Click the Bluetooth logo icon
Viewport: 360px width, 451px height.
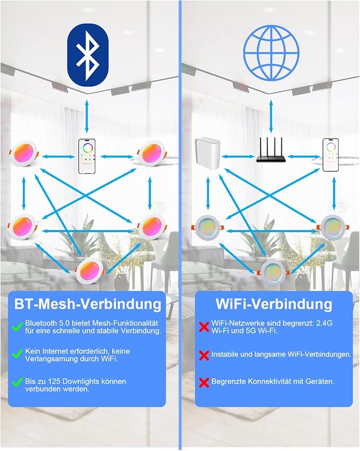[x=88, y=54]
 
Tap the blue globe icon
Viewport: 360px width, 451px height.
[x=271, y=52]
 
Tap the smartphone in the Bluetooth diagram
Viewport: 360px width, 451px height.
[x=87, y=156]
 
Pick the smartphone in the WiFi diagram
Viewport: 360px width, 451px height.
[x=330, y=154]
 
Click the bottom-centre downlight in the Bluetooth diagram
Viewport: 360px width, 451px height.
[x=90, y=271]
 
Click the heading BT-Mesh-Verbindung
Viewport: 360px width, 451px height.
[x=87, y=304]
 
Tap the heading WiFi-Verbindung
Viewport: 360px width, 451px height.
[x=274, y=304]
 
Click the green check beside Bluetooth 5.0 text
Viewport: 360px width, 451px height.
[x=17, y=327]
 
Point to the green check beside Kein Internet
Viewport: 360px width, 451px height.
[x=17, y=354]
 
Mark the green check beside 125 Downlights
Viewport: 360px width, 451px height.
[x=17, y=382]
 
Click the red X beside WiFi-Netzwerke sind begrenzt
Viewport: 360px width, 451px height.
[x=204, y=327]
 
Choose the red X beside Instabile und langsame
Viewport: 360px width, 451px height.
[x=204, y=356]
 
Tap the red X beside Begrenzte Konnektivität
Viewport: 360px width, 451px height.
[x=204, y=383]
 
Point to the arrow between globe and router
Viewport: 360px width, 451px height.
[x=271, y=116]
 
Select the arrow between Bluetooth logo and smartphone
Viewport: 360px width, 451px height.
[x=87, y=116]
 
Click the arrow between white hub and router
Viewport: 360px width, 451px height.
[x=238, y=157]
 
